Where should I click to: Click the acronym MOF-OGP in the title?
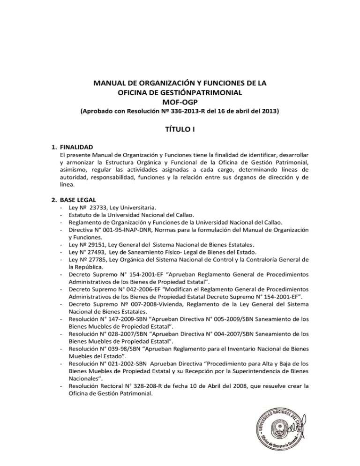pyautogui.click(x=180, y=102)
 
